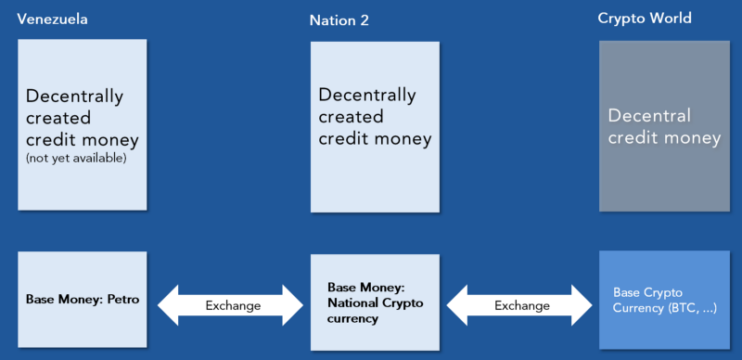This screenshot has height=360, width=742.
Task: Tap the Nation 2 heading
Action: pos(339,19)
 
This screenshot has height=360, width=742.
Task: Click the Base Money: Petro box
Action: pos(82,301)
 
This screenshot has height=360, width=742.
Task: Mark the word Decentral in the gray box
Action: pos(649,116)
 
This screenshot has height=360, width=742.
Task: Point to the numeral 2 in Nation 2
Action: pos(365,19)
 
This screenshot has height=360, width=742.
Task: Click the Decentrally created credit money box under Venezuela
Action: pos(82,123)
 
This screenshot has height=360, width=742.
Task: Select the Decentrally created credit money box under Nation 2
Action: pos(374,123)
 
